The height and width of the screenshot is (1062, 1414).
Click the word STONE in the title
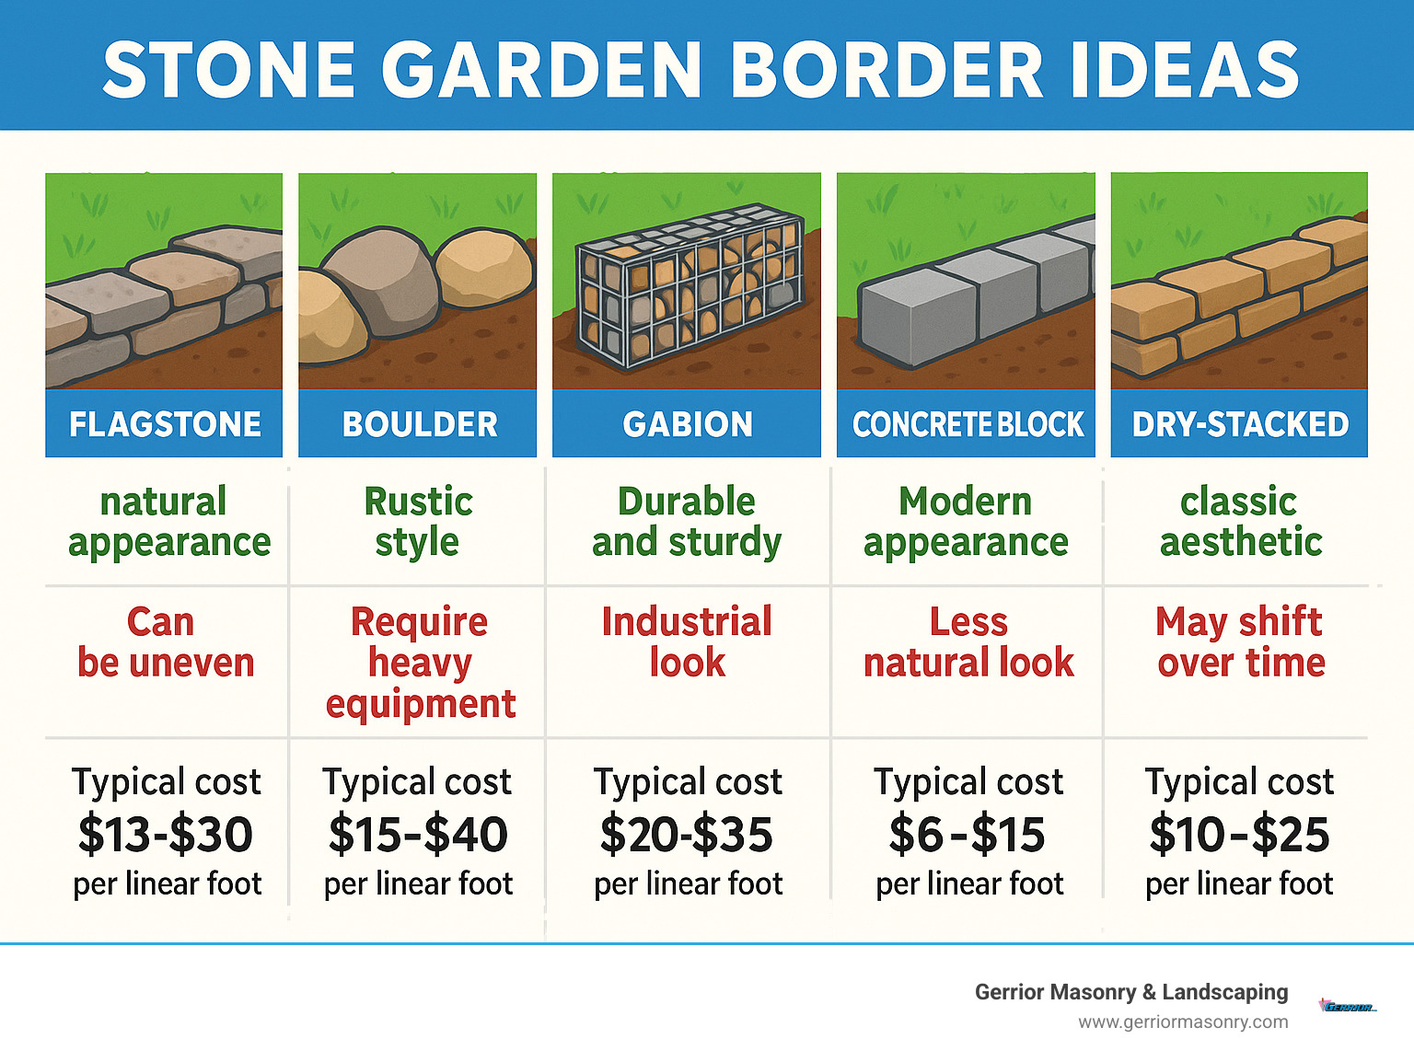click(x=229, y=70)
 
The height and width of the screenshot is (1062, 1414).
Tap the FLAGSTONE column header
click(x=165, y=424)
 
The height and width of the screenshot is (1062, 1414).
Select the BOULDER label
click(x=420, y=424)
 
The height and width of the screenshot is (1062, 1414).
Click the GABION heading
click(x=688, y=424)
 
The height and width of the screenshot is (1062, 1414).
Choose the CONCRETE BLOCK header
click(x=968, y=424)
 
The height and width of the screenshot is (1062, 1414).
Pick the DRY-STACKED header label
click(x=1240, y=424)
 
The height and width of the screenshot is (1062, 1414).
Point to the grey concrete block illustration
click(x=967, y=294)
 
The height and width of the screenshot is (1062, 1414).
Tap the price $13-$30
click(x=166, y=835)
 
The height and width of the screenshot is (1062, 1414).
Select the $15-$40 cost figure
click(x=418, y=835)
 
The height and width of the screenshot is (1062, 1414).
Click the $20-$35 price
click(x=687, y=835)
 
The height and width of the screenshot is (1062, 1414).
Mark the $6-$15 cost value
click(x=967, y=835)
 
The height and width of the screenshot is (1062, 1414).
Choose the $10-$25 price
click(x=1239, y=835)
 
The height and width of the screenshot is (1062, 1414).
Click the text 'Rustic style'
click(x=418, y=522)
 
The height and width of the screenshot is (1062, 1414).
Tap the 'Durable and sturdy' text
click(x=687, y=522)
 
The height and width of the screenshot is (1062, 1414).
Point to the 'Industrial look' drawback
click(x=687, y=641)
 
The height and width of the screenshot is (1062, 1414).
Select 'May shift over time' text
click(x=1240, y=641)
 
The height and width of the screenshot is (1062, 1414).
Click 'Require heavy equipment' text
click(x=420, y=663)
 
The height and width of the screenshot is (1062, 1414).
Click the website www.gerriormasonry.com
click(x=1183, y=1022)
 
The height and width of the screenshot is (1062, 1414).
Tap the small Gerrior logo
click(x=1348, y=1006)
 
